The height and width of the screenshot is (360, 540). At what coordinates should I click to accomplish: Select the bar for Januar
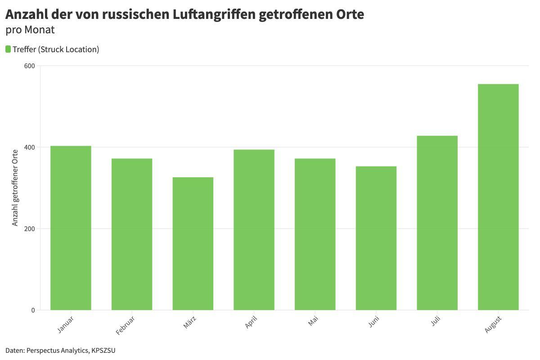[71, 228]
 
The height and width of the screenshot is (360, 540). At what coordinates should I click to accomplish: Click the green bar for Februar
[132, 234]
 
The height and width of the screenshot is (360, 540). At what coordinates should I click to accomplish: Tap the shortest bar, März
[193, 243]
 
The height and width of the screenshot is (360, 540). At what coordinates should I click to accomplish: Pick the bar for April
[254, 230]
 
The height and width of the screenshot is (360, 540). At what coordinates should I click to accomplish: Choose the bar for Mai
[315, 234]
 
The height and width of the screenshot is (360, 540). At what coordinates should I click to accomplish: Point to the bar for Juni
[376, 238]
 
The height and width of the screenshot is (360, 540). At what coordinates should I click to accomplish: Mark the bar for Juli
[437, 223]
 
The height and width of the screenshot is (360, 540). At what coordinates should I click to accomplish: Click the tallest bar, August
[498, 197]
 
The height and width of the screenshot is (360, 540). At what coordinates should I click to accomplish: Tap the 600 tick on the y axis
[29, 66]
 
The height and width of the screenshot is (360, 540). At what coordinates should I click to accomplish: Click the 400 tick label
[29, 147]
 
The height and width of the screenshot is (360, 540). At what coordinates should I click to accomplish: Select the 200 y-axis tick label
[29, 229]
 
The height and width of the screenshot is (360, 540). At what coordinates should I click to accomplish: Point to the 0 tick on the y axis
[33, 310]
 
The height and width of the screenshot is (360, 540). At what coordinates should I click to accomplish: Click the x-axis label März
[190, 322]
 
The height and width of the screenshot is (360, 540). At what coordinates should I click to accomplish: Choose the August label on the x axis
[493, 324]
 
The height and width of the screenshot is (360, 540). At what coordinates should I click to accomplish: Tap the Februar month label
[125, 325]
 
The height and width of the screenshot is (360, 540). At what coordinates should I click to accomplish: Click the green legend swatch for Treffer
[8, 49]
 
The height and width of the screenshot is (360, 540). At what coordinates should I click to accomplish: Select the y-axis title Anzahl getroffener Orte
[15, 188]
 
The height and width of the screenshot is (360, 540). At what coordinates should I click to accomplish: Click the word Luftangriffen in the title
[214, 14]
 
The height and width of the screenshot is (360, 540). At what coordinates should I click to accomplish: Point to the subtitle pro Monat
[30, 30]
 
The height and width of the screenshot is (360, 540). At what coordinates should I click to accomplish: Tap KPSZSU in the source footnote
[103, 351]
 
